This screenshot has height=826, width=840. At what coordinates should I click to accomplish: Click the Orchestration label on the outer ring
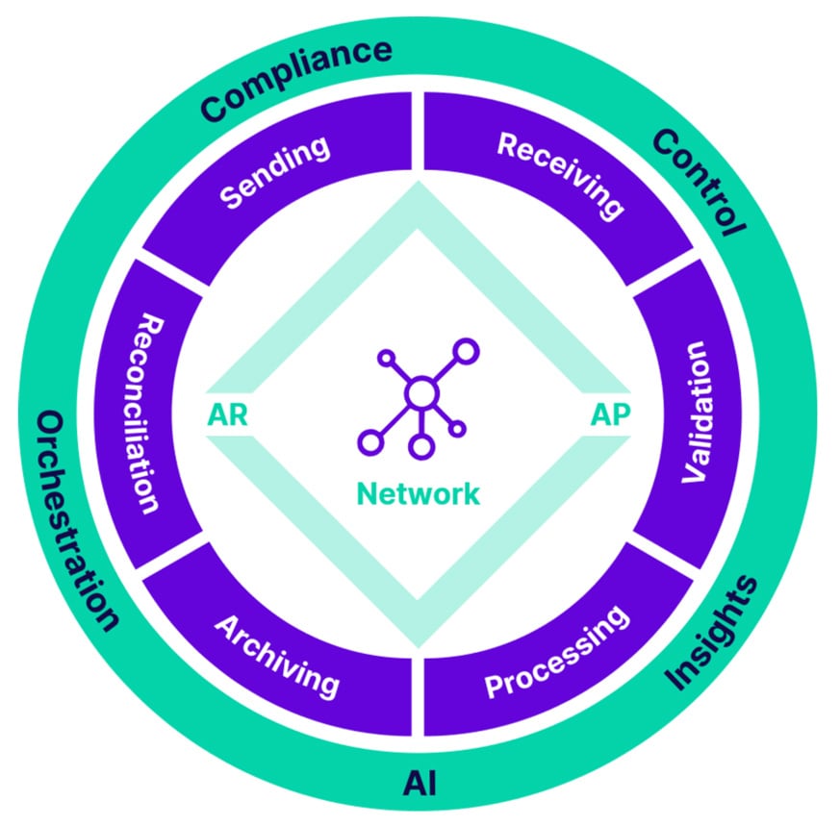pos(78,520)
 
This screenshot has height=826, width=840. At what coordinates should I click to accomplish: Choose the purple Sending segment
pos(274,173)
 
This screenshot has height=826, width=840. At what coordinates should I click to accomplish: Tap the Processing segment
pos(558,653)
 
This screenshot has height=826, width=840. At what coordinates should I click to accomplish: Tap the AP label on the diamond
pos(610,414)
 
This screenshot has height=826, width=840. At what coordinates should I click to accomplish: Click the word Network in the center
pos(418,494)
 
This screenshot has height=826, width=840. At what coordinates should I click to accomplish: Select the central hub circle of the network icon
pos(420,393)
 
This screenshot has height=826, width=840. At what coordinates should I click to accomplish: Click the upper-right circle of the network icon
pos(466,350)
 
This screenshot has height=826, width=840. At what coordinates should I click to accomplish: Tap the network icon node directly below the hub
pos(419,446)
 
